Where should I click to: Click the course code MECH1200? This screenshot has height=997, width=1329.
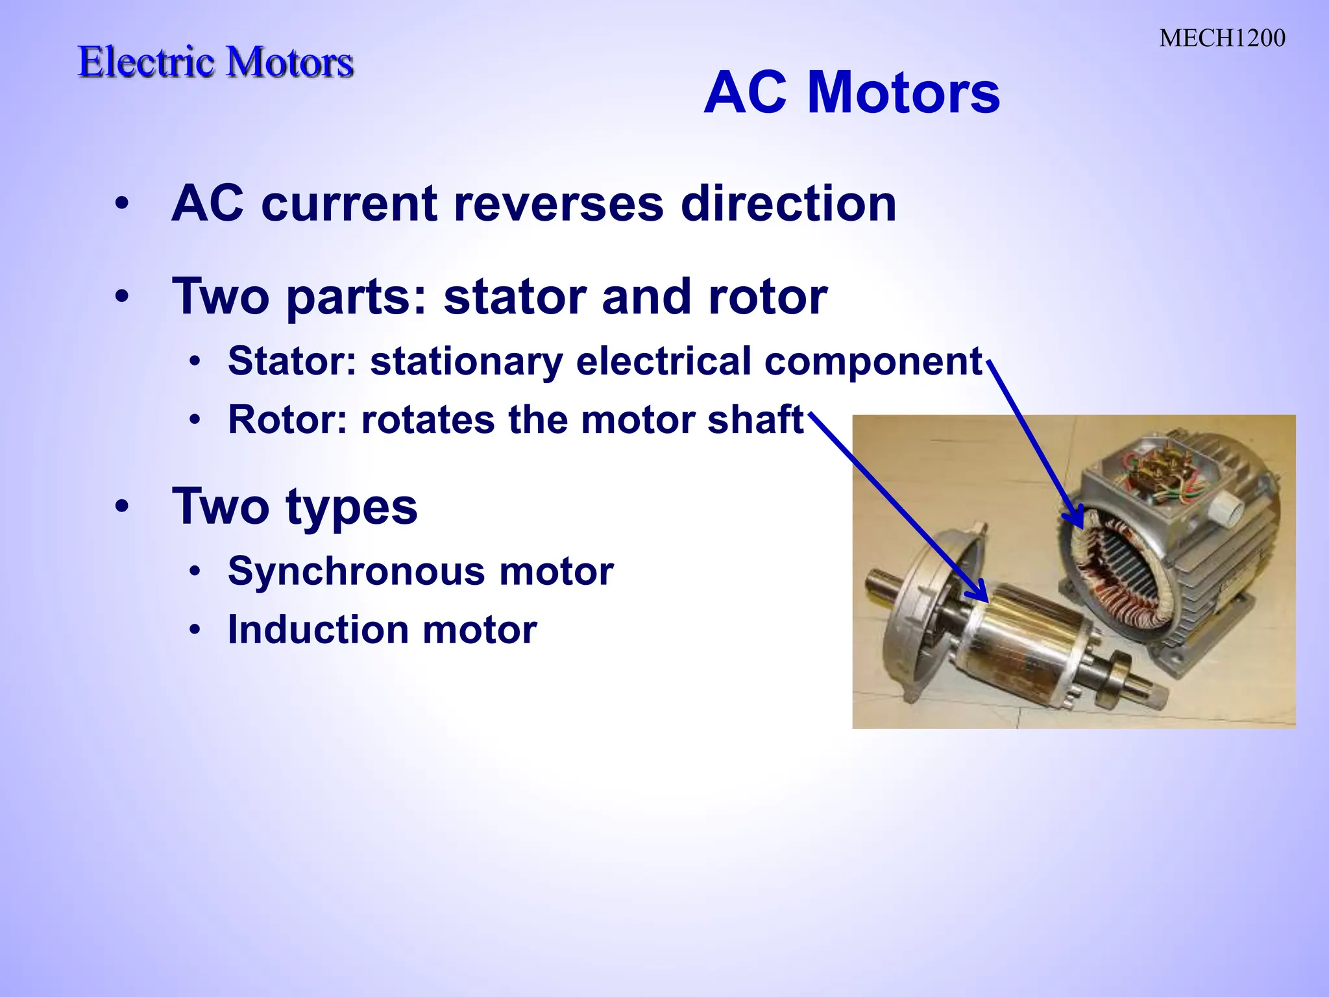1222,38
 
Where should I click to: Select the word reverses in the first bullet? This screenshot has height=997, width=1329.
558,204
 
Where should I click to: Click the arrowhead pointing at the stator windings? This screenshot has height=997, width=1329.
1076,519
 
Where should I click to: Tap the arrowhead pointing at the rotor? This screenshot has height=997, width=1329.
979,594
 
